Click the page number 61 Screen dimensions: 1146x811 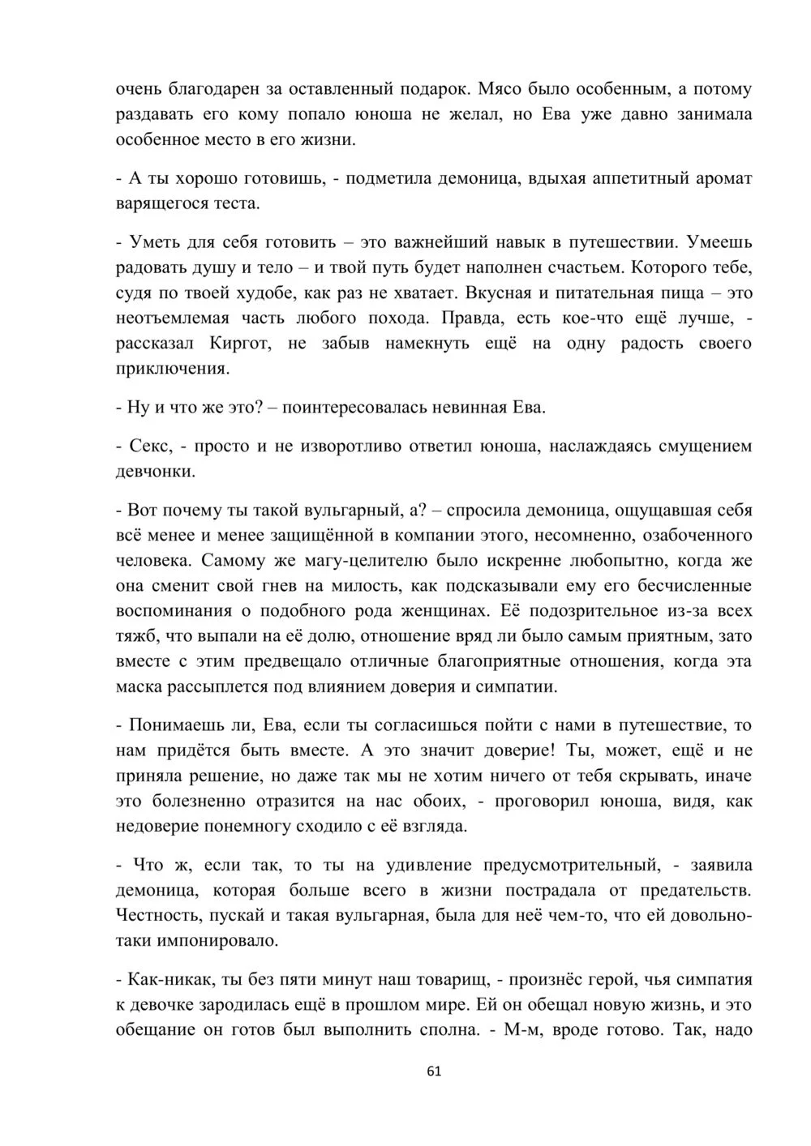tap(433, 1071)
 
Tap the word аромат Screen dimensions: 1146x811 tap(723, 178)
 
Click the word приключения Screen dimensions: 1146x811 tap(171, 369)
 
